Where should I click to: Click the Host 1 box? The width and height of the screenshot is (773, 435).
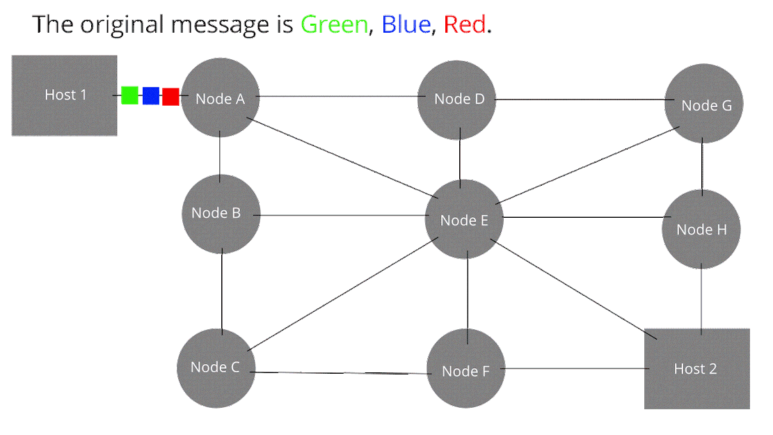click(64, 95)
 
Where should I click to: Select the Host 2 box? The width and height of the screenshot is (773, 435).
click(696, 368)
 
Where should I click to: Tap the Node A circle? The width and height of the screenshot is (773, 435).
click(220, 98)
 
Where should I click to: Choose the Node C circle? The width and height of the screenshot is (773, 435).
click(216, 367)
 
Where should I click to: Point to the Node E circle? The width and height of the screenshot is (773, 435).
click(463, 220)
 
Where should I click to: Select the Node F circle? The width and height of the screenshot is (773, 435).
click(465, 371)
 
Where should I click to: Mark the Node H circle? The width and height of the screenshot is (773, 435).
click(701, 230)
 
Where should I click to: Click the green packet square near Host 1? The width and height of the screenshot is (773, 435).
click(130, 95)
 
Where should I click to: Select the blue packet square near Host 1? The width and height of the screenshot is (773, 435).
click(151, 96)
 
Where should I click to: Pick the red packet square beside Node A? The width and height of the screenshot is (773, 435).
click(170, 96)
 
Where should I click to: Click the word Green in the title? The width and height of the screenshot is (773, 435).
click(334, 25)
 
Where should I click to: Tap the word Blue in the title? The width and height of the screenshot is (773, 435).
click(407, 25)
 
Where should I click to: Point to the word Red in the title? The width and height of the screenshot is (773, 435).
click(465, 25)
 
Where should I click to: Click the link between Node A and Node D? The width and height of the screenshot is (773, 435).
click(338, 96)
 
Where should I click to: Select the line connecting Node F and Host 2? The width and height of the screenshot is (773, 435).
click(574, 368)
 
